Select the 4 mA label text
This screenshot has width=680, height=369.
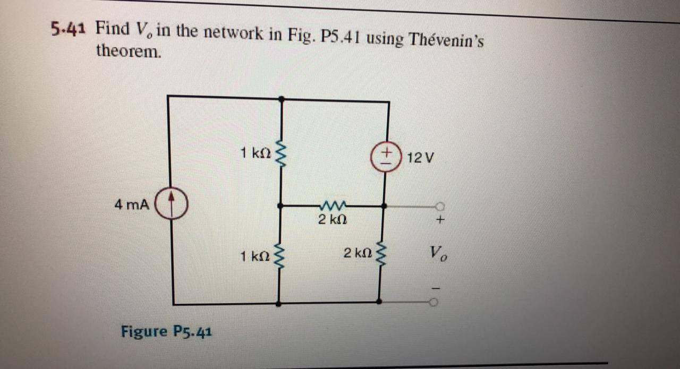tap(131, 204)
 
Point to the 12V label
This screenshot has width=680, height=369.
tap(421, 158)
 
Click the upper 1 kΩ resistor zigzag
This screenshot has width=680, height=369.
tap(282, 153)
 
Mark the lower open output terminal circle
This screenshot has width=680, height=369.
tap(433, 302)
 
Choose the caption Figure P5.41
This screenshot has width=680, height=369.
tap(167, 332)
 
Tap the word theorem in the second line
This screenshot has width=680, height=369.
tap(128, 51)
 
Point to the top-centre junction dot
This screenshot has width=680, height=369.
tap(281, 99)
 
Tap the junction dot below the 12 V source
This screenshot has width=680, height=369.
tap(384, 205)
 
